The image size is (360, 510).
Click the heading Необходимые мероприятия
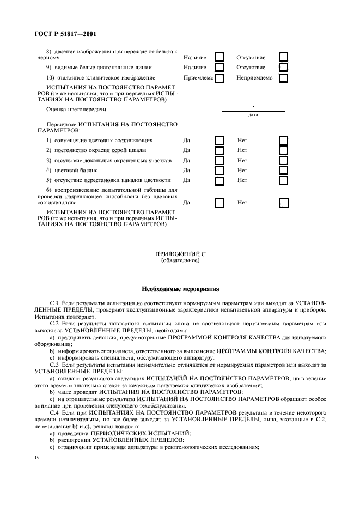[180, 288]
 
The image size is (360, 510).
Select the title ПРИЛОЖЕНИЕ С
[180, 254]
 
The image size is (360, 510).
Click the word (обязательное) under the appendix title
[180, 260]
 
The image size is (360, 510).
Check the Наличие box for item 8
[219, 57]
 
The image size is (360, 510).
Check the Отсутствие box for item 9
[283, 68]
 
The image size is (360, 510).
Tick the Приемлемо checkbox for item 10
[219, 78]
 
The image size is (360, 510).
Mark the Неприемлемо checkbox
[283, 78]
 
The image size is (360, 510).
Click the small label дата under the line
[253, 115]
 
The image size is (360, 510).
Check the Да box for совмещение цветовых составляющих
[219, 140]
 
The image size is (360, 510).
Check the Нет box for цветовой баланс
[283, 171]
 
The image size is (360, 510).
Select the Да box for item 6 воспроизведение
[219, 203]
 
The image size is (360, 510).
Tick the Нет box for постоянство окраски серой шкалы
[283, 150]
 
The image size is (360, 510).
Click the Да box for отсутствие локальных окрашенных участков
[219, 161]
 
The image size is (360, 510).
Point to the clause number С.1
[54, 301]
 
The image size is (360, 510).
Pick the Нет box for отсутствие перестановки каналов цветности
[283, 180]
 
